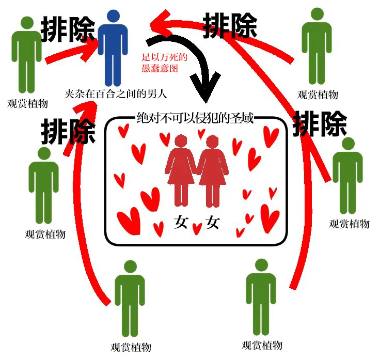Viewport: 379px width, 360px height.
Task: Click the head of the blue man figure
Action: pos(113,16)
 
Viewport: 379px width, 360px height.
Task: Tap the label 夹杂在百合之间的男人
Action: pos(116,94)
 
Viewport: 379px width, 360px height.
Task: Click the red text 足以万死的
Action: pos(164,57)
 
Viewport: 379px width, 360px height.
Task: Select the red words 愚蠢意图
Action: pos(160,68)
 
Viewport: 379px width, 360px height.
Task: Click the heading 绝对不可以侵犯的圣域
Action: pos(195,118)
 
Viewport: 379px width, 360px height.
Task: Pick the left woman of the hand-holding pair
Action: pos(181,170)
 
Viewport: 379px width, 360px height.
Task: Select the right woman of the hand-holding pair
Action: pos(213,171)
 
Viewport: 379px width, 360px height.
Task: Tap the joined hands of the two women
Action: pos(197,171)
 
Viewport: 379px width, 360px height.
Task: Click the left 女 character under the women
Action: pos(181,222)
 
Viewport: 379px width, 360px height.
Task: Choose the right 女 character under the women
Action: pos(213,222)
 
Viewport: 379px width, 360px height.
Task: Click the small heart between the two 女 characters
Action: pos(197,229)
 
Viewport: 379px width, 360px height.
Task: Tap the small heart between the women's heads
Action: pos(201,134)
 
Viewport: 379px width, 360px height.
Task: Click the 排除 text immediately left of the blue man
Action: pos(68,29)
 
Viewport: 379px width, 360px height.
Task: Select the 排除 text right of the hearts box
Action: pos(320,123)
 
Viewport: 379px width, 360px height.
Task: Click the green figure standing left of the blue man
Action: pos(26,55)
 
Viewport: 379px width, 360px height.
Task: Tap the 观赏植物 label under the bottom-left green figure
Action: pos(131,347)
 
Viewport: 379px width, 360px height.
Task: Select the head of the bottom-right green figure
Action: pos(261,265)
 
